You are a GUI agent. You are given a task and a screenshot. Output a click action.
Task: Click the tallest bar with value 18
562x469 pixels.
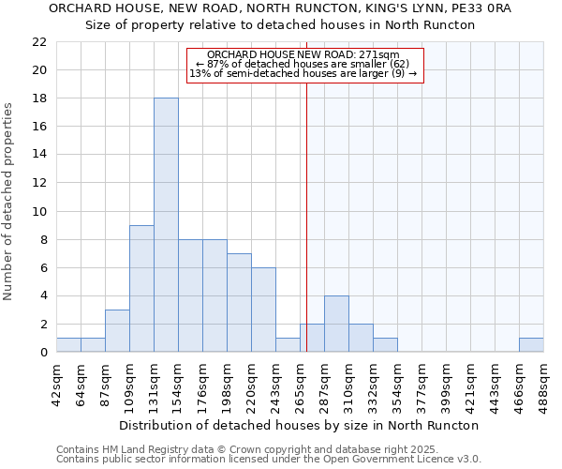tap(166, 225)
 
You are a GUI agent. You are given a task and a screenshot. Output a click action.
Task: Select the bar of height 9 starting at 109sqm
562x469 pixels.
tap(141, 289)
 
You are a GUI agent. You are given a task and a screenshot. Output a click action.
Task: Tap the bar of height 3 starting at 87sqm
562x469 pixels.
tap(117, 331)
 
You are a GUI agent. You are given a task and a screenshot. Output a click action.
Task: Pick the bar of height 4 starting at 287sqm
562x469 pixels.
tap(336, 324)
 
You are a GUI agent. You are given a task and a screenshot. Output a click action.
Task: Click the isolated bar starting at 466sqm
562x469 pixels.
tap(531, 345)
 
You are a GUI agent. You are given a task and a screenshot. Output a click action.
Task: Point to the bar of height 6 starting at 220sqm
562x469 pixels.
tap(263, 310)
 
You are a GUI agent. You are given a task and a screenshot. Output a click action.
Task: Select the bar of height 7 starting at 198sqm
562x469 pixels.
tap(239, 303)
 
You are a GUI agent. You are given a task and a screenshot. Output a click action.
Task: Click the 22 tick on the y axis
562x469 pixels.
tap(39, 42)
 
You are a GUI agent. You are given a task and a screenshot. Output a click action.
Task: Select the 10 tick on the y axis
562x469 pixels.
tap(39, 211)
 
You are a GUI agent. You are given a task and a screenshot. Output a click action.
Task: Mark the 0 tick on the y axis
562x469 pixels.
tap(43, 353)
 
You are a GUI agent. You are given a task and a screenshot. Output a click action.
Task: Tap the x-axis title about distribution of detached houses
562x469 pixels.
tap(299, 425)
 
